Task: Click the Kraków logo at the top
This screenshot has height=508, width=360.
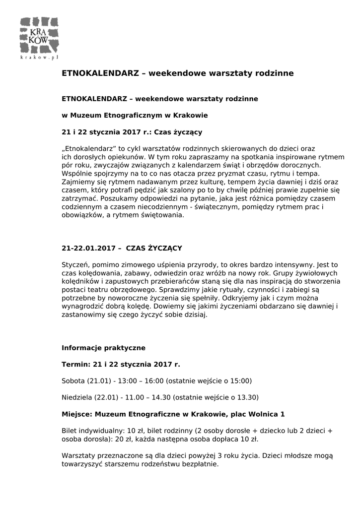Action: (x=39, y=35)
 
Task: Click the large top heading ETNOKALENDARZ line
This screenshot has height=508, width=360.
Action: (x=177, y=73)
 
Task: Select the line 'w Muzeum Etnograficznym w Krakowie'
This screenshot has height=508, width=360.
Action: (x=135, y=116)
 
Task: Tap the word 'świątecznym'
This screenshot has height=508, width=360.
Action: (x=215, y=207)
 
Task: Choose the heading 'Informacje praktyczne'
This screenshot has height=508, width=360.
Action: (x=103, y=348)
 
